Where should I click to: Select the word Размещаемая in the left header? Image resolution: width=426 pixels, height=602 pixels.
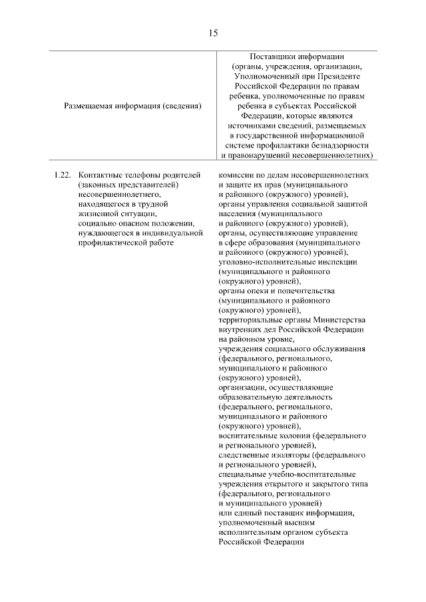[89, 105]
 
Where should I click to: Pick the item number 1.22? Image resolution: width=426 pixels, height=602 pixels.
[62, 174]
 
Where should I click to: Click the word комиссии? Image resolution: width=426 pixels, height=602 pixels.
[238, 174]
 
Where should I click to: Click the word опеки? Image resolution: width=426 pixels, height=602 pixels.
[260, 291]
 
